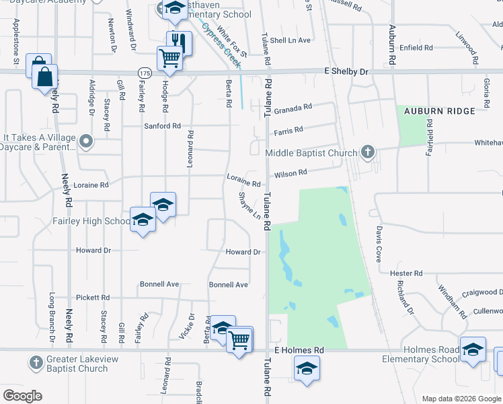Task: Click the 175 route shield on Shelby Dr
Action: click(x=145, y=72)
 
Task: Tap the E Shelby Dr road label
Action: click(x=347, y=71)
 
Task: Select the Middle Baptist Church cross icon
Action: click(x=367, y=151)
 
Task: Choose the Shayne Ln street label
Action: click(x=249, y=206)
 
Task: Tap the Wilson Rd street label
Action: click(x=290, y=173)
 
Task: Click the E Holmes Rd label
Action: click(x=299, y=351)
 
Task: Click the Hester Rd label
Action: click(x=410, y=273)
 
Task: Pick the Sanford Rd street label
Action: click(x=163, y=126)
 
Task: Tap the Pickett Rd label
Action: click(x=93, y=297)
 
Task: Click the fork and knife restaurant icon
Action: click(x=178, y=43)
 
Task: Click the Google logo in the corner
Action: click(x=22, y=395)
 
